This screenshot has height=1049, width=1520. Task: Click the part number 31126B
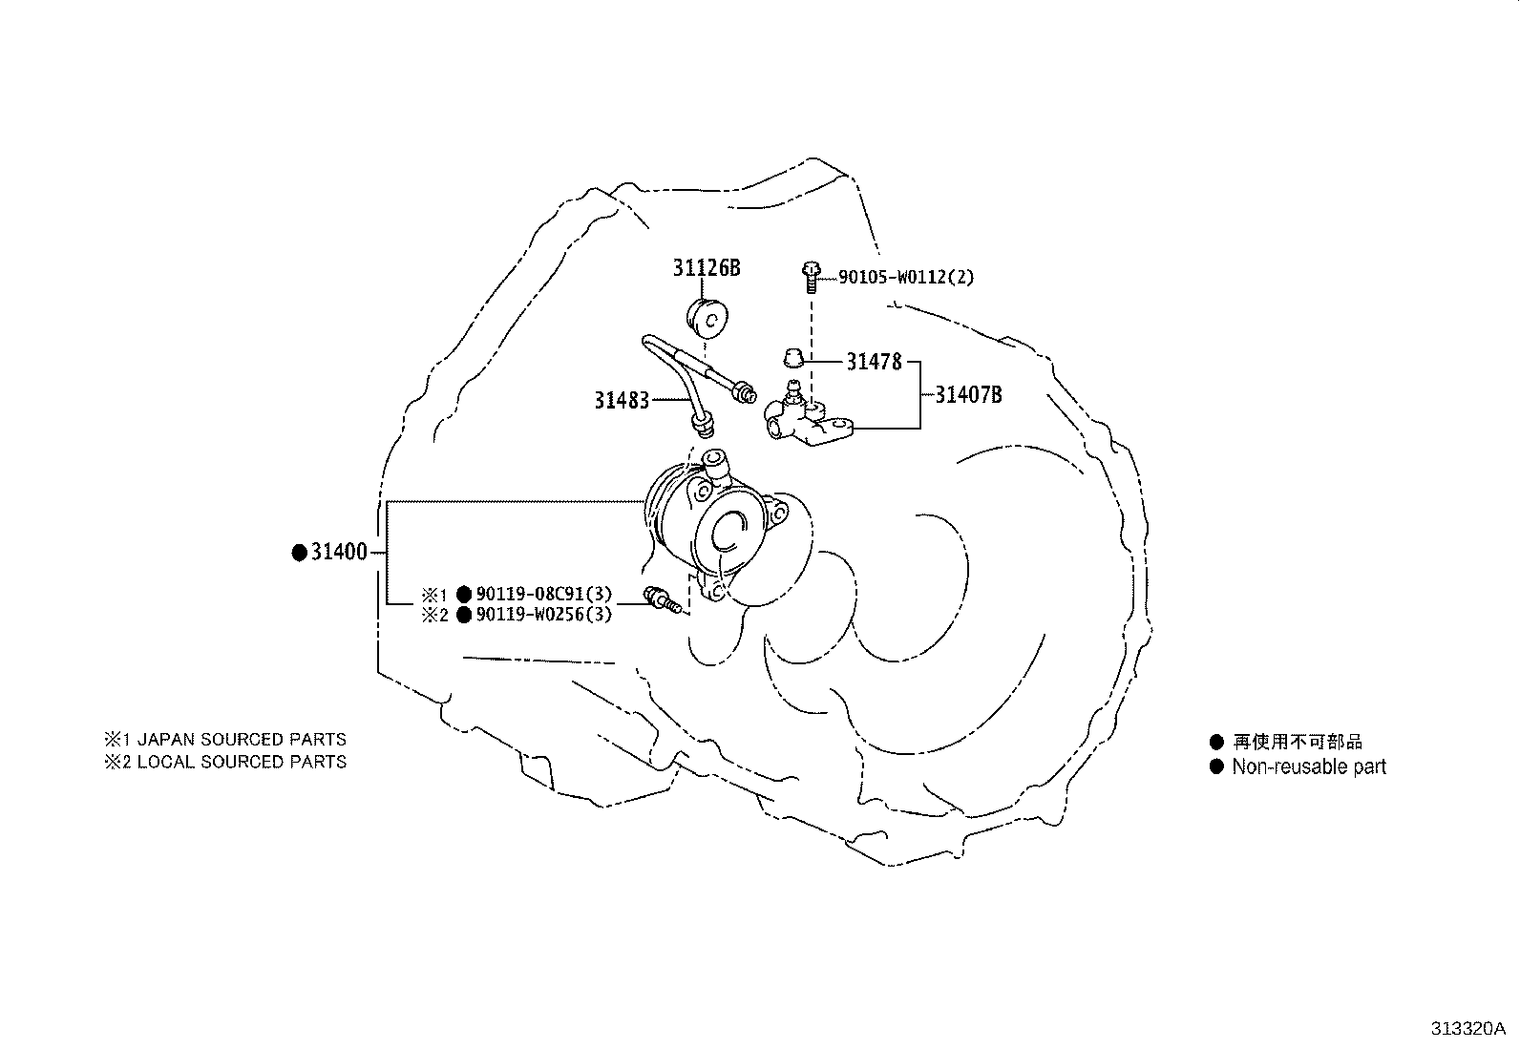(706, 268)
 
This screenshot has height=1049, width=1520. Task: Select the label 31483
(622, 401)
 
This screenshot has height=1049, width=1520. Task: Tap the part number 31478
(874, 363)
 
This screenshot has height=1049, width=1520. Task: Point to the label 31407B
(968, 395)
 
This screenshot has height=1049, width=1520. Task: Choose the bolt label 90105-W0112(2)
(906, 278)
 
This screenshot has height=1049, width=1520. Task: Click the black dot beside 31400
(299, 553)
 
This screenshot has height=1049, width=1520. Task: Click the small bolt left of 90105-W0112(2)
(811, 275)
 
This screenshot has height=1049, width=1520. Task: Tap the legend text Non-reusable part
(1308, 766)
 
